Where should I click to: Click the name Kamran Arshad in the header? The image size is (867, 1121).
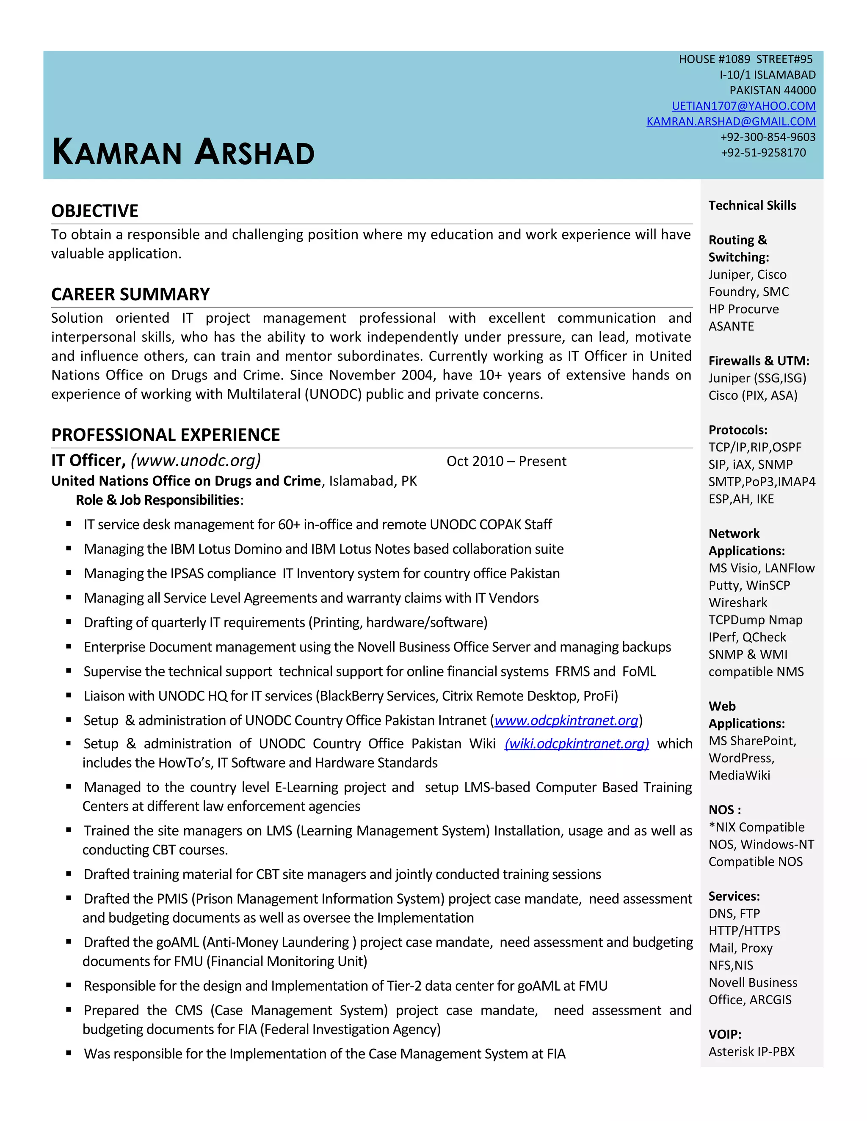pyautogui.click(x=183, y=152)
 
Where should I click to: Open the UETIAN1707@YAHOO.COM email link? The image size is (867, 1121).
pyautogui.click(x=743, y=106)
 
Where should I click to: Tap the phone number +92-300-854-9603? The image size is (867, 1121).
pyautogui.click(x=768, y=137)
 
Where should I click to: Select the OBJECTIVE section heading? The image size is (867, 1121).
pyautogui.click(x=94, y=211)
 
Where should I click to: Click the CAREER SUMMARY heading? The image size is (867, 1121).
pyautogui.click(x=130, y=294)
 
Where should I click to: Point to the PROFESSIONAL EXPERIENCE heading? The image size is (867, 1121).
pyautogui.click(x=166, y=435)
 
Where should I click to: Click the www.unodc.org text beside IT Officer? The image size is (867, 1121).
pyautogui.click(x=196, y=460)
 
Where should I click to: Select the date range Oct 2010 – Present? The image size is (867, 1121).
pyautogui.click(x=506, y=461)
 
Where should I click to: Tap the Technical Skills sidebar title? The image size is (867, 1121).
pyautogui.click(x=752, y=205)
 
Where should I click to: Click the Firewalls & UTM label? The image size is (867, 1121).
pyautogui.click(x=759, y=361)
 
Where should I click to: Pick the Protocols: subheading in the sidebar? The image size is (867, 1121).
pyautogui.click(x=737, y=430)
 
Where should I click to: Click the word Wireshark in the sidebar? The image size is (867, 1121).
pyautogui.click(x=737, y=602)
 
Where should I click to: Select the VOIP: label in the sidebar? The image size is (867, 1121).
pyautogui.click(x=725, y=1034)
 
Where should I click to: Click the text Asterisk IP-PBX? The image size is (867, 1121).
pyautogui.click(x=751, y=1052)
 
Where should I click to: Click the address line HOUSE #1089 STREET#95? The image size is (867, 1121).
pyautogui.click(x=745, y=60)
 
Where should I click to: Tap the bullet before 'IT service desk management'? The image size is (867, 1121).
pyautogui.click(x=68, y=524)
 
